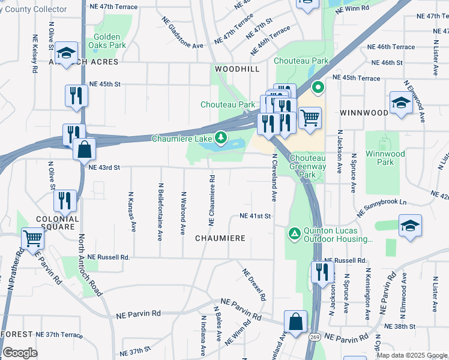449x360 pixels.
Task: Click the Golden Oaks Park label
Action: tap(106, 41)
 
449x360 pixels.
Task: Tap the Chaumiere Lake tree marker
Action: tap(221, 139)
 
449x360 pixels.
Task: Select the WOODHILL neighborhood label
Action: tap(237, 70)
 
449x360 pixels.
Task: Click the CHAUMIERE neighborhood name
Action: tap(220, 238)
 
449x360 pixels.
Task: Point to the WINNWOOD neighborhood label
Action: tap(364, 113)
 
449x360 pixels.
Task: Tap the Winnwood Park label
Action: tap(384, 158)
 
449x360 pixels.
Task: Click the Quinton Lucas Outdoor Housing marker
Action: tap(294, 233)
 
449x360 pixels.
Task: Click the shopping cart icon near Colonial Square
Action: tap(34, 238)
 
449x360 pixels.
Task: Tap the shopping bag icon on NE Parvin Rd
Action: tap(295, 321)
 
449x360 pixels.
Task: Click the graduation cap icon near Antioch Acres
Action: tap(66, 52)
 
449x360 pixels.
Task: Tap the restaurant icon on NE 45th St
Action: tap(77, 96)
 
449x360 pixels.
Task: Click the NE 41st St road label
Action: tap(256, 216)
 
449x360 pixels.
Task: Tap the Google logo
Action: tap(20, 353)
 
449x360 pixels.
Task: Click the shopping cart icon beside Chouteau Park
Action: tap(310, 118)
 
